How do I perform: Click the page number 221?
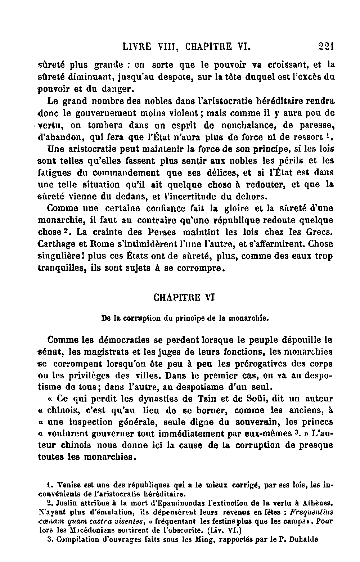click(x=327, y=46)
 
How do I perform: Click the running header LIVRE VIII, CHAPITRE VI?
click(x=186, y=47)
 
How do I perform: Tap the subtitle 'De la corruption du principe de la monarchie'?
click(x=185, y=318)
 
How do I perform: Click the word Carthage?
click(x=55, y=244)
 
